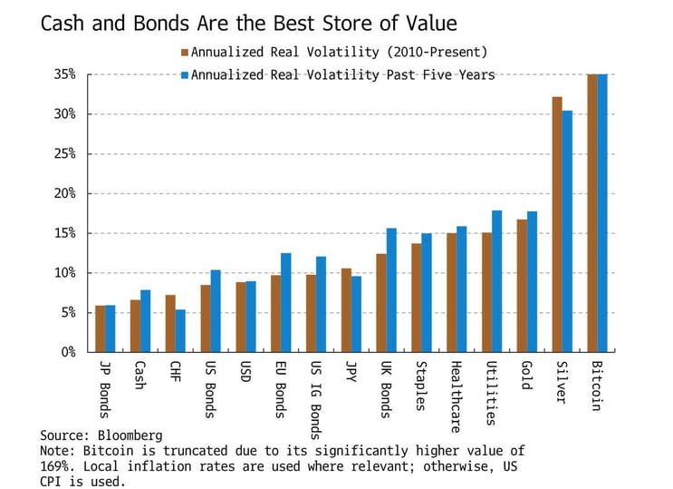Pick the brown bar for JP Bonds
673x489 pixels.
click(x=101, y=329)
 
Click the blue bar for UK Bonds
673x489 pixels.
click(x=391, y=290)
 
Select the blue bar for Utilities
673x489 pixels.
click(x=496, y=281)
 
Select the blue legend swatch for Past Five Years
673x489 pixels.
click(x=184, y=74)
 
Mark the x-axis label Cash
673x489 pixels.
click(x=139, y=375)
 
